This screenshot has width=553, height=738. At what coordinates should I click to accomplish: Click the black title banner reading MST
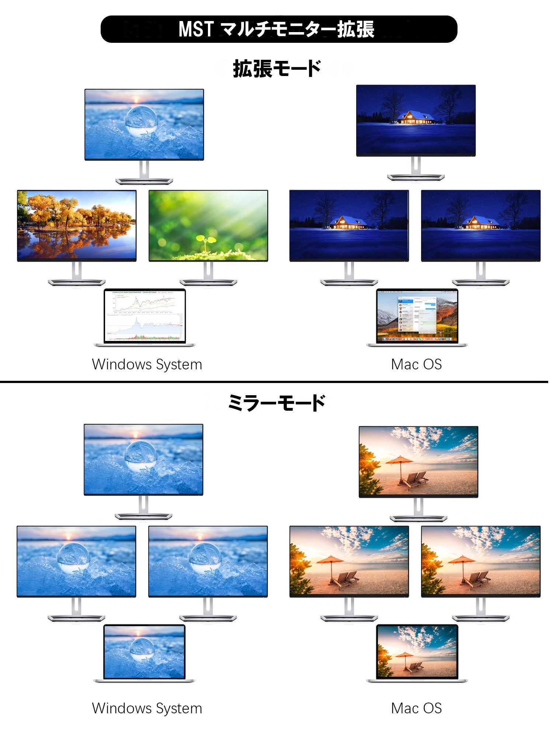click(x=279, y=29)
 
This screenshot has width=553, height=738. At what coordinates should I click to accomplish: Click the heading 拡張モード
click(x=277, y=69)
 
